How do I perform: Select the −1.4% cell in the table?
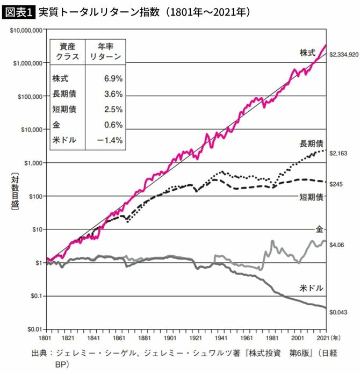[x=111, y=141]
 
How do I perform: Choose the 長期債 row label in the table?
[x=64, y=94]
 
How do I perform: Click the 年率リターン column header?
[x=105, y=51]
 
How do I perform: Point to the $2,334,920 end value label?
[x=344, y=55]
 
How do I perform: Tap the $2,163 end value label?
[x=340, y=153]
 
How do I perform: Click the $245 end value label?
[x=337, y=184]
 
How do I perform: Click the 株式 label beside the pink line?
[x=308, y=53]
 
